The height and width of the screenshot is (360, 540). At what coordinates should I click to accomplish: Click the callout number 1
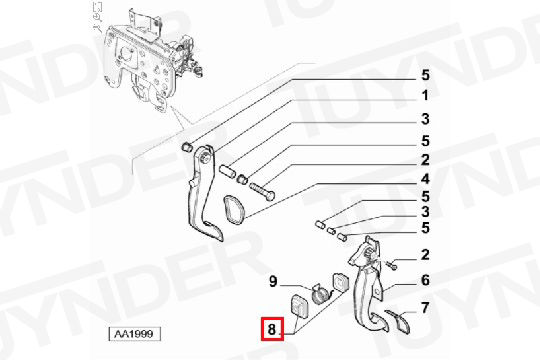click(426, 95)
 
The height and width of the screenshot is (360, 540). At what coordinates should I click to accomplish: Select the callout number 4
click(425, 179)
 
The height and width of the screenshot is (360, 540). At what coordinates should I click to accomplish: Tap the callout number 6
click(425, 280)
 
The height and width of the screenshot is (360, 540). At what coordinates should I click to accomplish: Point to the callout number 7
click(425, 308)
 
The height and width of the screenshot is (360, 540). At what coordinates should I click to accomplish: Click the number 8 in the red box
click(272, 329)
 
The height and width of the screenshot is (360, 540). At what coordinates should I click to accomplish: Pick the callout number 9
click(273, 281)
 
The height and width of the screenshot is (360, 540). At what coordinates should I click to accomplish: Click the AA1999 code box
click(134, 333)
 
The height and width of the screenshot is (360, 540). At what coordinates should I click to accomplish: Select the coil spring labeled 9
click(320, 294)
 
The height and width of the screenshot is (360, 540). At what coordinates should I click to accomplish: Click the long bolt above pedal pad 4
click(261, 191)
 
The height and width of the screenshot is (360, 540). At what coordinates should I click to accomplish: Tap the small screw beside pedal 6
click(391, 265)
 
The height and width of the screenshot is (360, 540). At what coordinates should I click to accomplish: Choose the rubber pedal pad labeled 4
click(234, 208)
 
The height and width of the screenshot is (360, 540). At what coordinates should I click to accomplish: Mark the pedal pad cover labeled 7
click(398, 321)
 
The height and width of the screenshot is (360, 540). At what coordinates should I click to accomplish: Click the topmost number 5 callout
click(426, 75)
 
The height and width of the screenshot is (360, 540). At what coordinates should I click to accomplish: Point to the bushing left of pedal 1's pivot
click(186, 147)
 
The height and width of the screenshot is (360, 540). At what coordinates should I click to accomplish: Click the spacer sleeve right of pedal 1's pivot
click(228, 171)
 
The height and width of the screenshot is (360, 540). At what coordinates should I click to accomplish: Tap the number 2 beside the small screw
click(425, 255)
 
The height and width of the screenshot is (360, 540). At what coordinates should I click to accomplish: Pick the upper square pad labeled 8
click(340, 282)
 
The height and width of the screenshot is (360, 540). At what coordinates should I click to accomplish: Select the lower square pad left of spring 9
click(299, 306)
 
